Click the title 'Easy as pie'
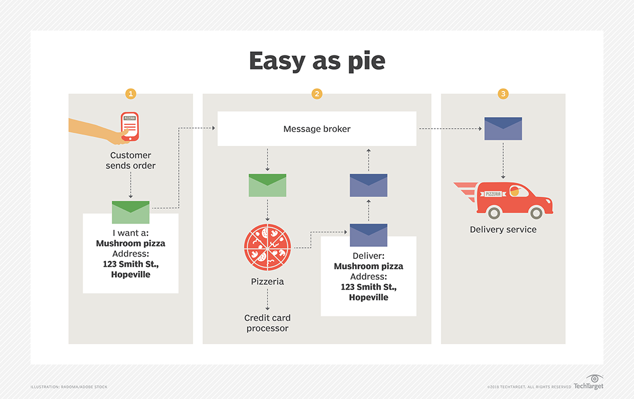[x=316, y=61]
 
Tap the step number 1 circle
[x=131, y=93]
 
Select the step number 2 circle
[x=316, y=93]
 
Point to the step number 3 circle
[x=503, y=93]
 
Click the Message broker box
[x=316, y=129]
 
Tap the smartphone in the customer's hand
[x=130, y=125]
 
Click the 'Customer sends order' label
[x=131, y=160]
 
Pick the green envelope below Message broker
[x=267, y=185]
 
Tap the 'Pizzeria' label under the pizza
[x=267, y=282]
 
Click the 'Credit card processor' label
[x=267, y=323]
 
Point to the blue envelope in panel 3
[x=503, y=129]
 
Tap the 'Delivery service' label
[x=503, y=229]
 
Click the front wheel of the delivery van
[x=536, y=213]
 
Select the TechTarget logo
[x=588, y=383]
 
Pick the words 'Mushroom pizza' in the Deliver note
[x=368, y=266]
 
